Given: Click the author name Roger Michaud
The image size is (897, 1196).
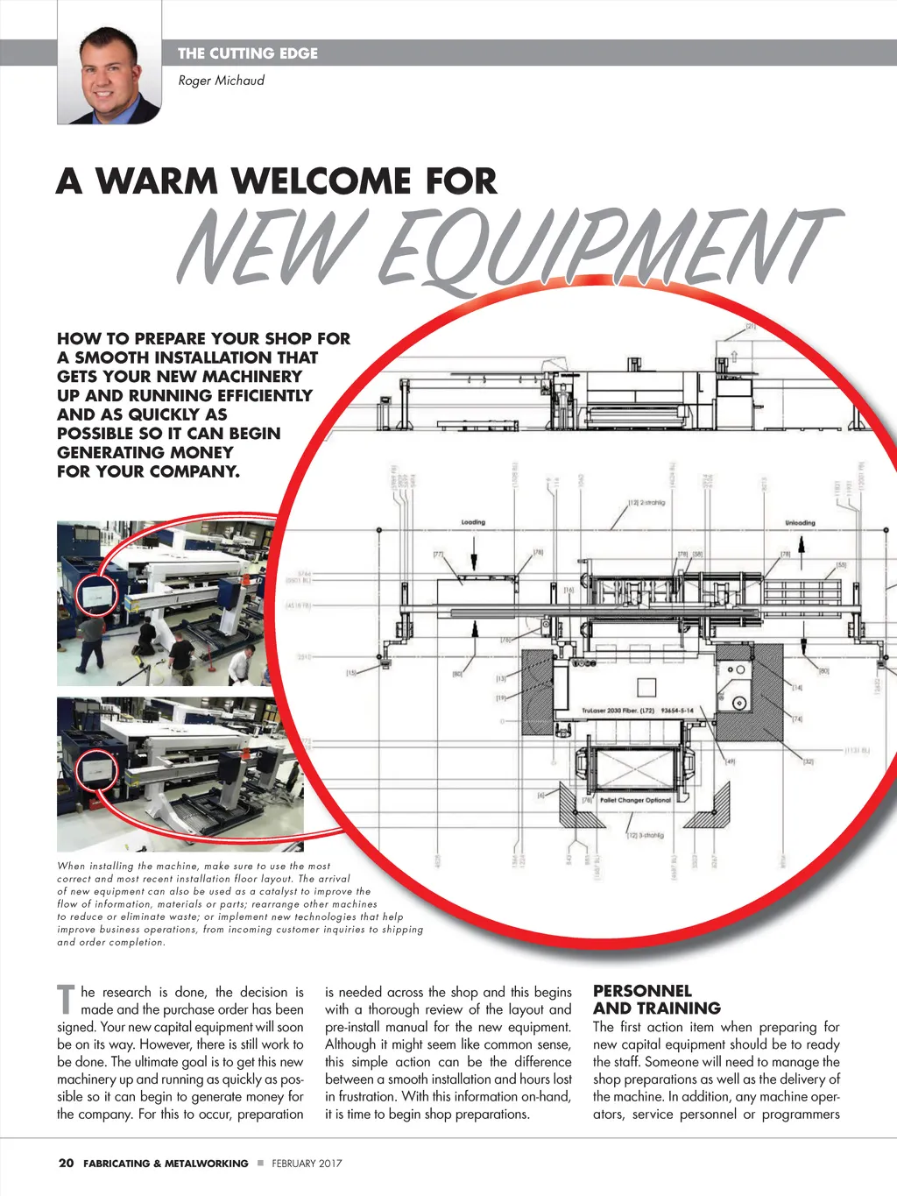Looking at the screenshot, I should click(221, 81).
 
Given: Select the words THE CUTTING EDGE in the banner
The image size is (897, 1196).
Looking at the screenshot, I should click(248, 53).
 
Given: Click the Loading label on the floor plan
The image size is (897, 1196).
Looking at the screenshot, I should click(473, 522).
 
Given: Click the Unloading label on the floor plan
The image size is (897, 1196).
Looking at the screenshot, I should click(799, 523).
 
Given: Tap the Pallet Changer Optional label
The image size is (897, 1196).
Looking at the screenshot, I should click(635, 800).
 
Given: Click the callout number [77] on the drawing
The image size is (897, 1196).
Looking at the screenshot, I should click(439, 555).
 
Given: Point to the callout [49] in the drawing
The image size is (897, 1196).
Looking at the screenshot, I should click(730, 761).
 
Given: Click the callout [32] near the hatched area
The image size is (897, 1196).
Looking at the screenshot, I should click(808, 761).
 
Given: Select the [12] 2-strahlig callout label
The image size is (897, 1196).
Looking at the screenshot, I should click(646, 503).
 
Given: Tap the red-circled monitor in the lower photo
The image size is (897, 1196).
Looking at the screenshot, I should click(95, 770).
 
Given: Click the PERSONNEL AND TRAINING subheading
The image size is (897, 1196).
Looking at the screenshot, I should click(657, 1000).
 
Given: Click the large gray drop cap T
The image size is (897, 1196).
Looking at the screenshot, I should click(66, 1000).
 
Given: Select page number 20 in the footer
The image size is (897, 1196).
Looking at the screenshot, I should click(66, 1164).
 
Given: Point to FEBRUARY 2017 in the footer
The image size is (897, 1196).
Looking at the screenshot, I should click(307, 1164).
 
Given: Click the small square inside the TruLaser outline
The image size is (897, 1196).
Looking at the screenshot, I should click(646, 686).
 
